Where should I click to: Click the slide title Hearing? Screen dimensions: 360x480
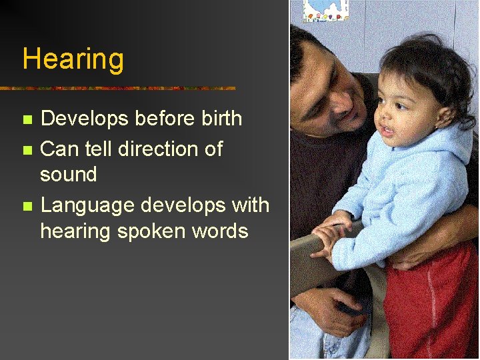click(x=73, y=59)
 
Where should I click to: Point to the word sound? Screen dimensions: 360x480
click(x=69, y=175)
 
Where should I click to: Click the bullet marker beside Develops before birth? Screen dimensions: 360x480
click(x=27, y=121)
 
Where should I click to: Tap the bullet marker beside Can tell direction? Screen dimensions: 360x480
click(x=27, y=149)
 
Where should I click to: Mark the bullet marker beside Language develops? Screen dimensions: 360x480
click(x=27, y=206)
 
